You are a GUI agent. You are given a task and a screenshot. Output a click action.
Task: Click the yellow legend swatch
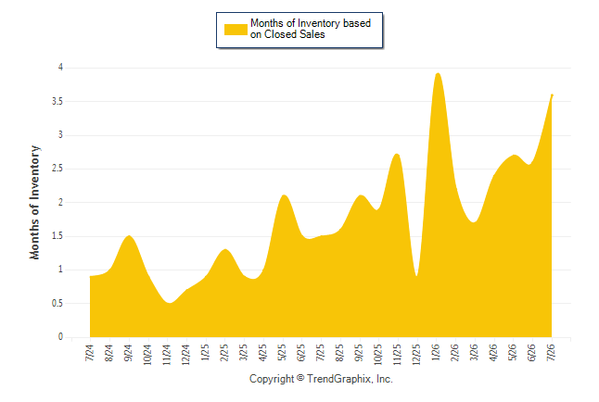point(236,30)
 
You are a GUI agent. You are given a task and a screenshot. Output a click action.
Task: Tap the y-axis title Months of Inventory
point(34,202)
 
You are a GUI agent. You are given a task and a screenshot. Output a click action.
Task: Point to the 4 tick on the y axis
point(60,68)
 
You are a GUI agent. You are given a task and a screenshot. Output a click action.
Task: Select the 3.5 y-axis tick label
point(57,102)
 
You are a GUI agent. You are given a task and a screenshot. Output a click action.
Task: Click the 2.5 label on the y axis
point(57,169)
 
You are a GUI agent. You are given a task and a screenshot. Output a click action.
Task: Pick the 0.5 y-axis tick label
point(57,304)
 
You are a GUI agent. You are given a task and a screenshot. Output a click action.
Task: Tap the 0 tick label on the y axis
point(60,337)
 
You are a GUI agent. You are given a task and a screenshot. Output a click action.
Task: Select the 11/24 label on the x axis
point(166,355)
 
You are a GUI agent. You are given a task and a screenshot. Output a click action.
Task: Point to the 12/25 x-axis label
point(416,355)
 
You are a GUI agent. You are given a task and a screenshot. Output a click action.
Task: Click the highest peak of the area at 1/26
point(438,73)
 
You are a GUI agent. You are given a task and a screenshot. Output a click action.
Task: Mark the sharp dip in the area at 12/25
point(416,275)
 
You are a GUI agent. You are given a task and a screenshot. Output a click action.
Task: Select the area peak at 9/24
point(129,235)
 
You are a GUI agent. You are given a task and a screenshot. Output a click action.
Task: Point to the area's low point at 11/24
point(170,303)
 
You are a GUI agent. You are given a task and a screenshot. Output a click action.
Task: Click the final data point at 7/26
point(552,94)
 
